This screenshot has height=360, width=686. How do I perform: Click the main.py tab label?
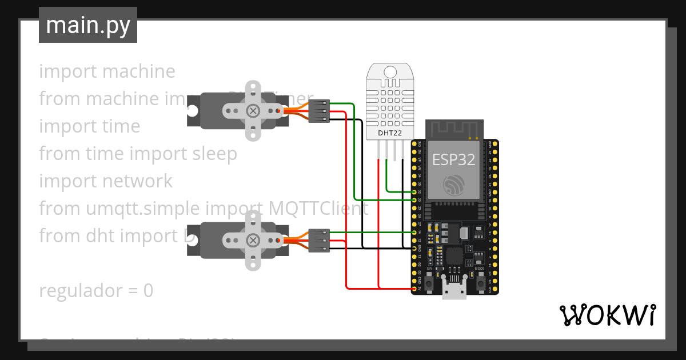pos(87,26)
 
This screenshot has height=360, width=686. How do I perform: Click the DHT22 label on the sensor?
pos(390,133)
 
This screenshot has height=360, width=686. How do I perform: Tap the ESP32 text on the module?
pos(453,159)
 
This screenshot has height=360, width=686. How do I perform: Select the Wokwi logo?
pos(607,315)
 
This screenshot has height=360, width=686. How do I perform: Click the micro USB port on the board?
pos(454,290)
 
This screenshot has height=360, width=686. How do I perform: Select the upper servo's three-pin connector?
pos(319,111)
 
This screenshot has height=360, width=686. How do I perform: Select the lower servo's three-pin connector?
pos(319,241)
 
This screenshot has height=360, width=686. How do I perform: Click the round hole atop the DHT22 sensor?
pos(390,71)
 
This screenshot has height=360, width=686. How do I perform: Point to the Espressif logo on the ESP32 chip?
pos(454,184)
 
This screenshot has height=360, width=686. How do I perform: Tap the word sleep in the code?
pos(213,154)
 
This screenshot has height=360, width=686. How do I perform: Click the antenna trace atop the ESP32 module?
pos(454,130)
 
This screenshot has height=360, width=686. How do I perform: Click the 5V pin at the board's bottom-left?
pos(414,289)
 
